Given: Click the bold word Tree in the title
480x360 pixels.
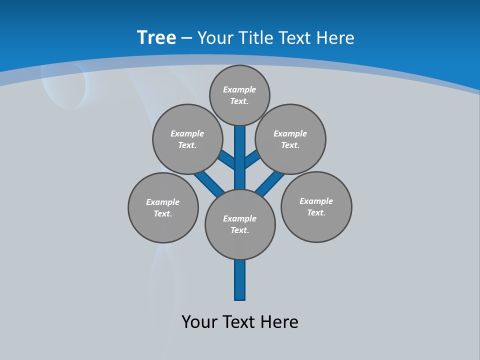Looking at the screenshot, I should click(x=156, y=37).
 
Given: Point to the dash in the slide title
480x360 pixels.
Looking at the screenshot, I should click(x=186, y=38).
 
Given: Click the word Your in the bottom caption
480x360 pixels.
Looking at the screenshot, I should click(x=199, y=321).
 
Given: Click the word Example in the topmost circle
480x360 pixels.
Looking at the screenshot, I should click(x=239, y=89).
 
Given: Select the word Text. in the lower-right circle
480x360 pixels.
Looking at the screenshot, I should click(x=316, y=212).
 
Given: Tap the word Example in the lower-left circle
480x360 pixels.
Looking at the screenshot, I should click(x=163, y=202).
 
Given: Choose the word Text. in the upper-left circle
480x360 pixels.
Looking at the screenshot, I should click(x=187, y=145).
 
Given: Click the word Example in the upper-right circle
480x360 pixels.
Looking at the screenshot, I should click(x=290, y=133).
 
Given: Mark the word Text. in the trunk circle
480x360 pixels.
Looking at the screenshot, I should click(x=240, y=230).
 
